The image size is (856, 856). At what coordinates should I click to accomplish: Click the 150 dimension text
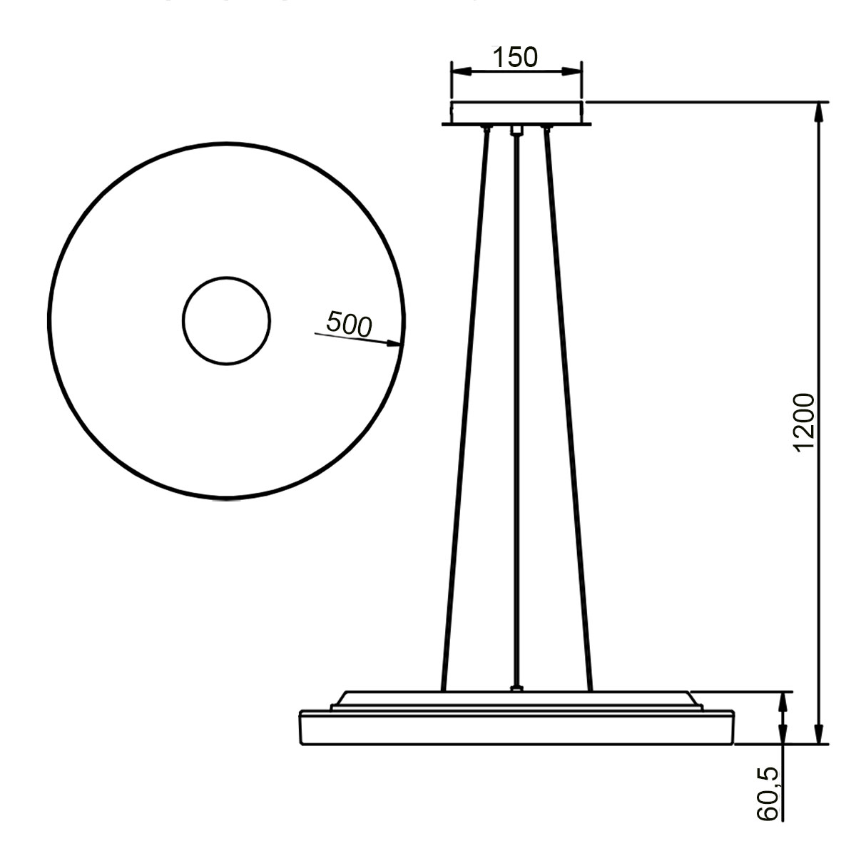tap(515, 57)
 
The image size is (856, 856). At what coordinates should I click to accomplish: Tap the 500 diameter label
tap(349, 324)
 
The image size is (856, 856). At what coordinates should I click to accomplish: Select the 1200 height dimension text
tap(804, 422)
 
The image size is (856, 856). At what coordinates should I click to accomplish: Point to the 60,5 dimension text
tap(769, 794)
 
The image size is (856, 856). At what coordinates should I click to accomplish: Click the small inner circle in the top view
tap(226, 321)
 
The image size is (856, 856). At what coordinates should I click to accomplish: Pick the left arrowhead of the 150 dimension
tap(460, 71)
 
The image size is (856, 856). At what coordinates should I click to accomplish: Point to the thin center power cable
tap(515, 407)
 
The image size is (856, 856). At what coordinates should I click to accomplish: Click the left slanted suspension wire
tap(465, 407)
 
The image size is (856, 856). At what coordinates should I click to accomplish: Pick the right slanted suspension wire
tap(568, 407)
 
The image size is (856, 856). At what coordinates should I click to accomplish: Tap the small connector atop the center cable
tap(516, 131)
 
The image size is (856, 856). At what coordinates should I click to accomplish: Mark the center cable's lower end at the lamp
tap(515, 688)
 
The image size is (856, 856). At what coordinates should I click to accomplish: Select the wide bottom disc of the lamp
tap(516, 728)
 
